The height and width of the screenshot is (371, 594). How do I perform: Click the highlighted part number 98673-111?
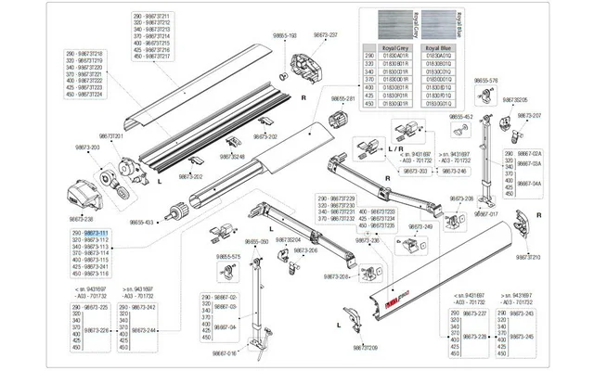(x=97, y=232)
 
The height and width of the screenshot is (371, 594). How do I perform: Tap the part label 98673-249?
(x=421, y=226)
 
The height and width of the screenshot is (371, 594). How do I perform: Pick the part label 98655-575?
(x=227, y=257)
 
